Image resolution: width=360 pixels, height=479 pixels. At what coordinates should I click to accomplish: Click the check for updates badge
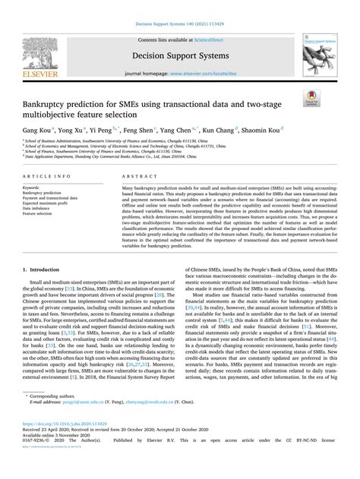(318, 98)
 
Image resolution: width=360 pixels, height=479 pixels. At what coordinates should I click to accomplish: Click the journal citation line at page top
(180, 8)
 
